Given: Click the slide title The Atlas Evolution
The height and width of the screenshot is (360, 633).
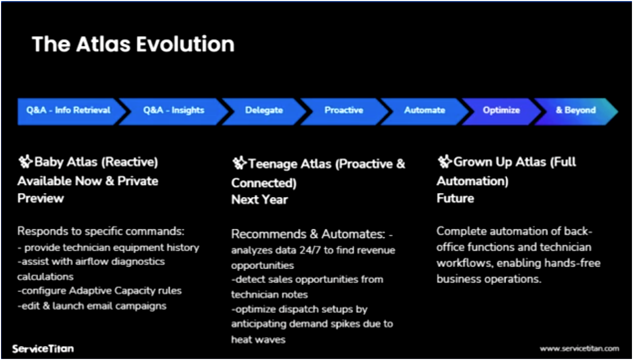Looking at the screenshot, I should tap(133, 44).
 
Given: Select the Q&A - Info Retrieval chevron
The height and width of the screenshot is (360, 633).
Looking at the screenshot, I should tap(68, 110).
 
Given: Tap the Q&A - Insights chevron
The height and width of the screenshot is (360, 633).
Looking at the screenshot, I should tap(174, 110).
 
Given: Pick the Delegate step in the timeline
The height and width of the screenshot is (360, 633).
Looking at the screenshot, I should tap(264, 110).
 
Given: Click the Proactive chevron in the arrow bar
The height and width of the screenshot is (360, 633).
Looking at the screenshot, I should tap(344, 110).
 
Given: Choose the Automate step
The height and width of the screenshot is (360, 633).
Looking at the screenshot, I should tap(425, 110).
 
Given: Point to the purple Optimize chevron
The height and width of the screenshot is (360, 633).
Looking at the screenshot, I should tap(501, 110).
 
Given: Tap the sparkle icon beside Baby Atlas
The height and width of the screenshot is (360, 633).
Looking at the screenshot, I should tap(25, 162).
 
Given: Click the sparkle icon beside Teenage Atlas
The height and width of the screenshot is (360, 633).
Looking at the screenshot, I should tap(239, 164).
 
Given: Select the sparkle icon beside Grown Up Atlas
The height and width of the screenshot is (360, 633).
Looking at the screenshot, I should tap(444, 162).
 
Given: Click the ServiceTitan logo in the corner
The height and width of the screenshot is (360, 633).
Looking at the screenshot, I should tap(43, 349).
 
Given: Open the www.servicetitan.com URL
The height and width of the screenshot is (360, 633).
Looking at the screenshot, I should tap(579, 349).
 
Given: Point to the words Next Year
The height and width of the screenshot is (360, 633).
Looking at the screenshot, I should tap(260, 200).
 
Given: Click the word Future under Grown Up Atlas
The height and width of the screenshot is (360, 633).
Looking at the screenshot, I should tap(455, 198).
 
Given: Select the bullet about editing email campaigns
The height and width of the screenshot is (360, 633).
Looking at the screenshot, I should tap(92, 306).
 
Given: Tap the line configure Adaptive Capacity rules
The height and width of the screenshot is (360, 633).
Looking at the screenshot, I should tap(99, 291).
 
